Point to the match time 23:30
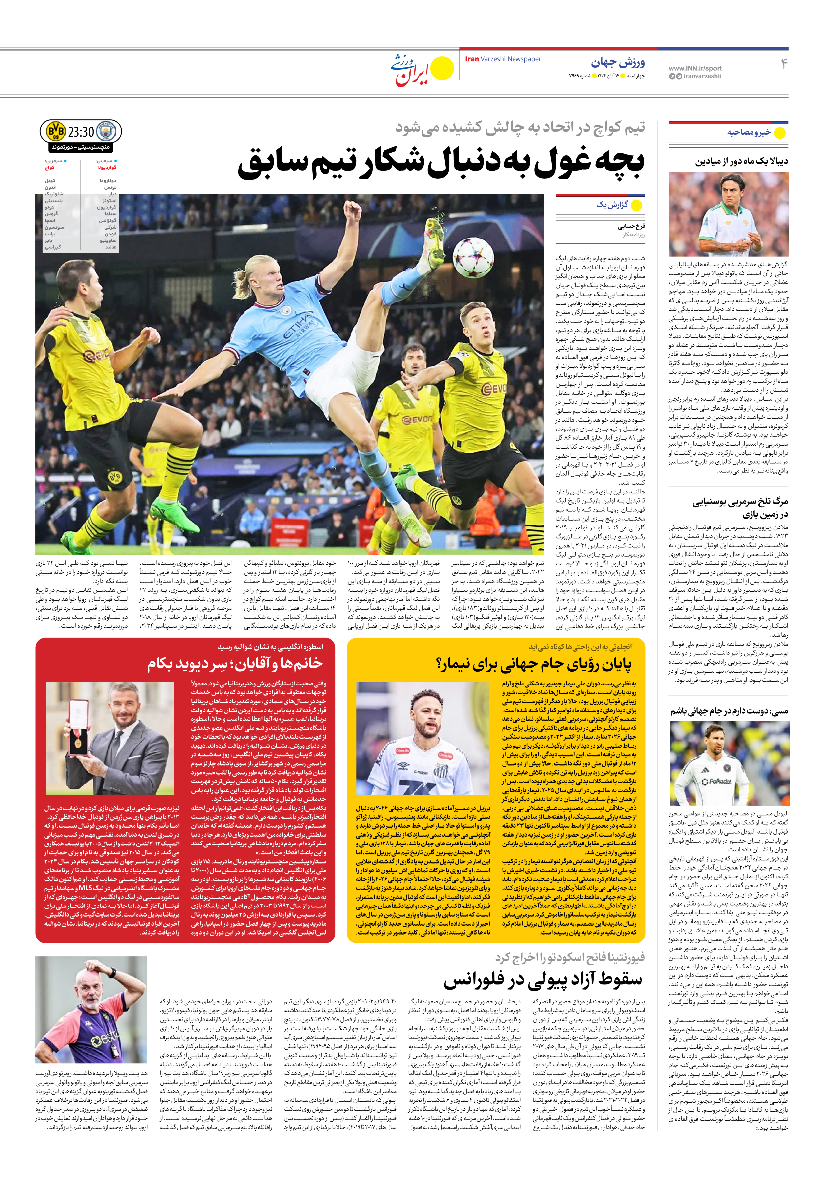[81, 132]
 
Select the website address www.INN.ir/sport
[695, 68]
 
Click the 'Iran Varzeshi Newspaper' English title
[503, 59]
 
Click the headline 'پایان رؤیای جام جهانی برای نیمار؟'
[533, 664]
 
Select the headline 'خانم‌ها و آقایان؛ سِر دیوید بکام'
[235, 664]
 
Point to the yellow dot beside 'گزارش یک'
[636, 206]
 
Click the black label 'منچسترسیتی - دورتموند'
[80, 147]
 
